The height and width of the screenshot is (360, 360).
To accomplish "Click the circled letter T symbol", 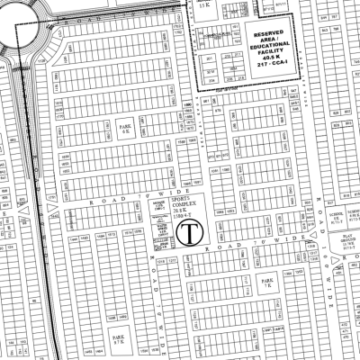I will coord(190,235).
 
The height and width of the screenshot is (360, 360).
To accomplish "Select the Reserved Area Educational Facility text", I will coord(264,43).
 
